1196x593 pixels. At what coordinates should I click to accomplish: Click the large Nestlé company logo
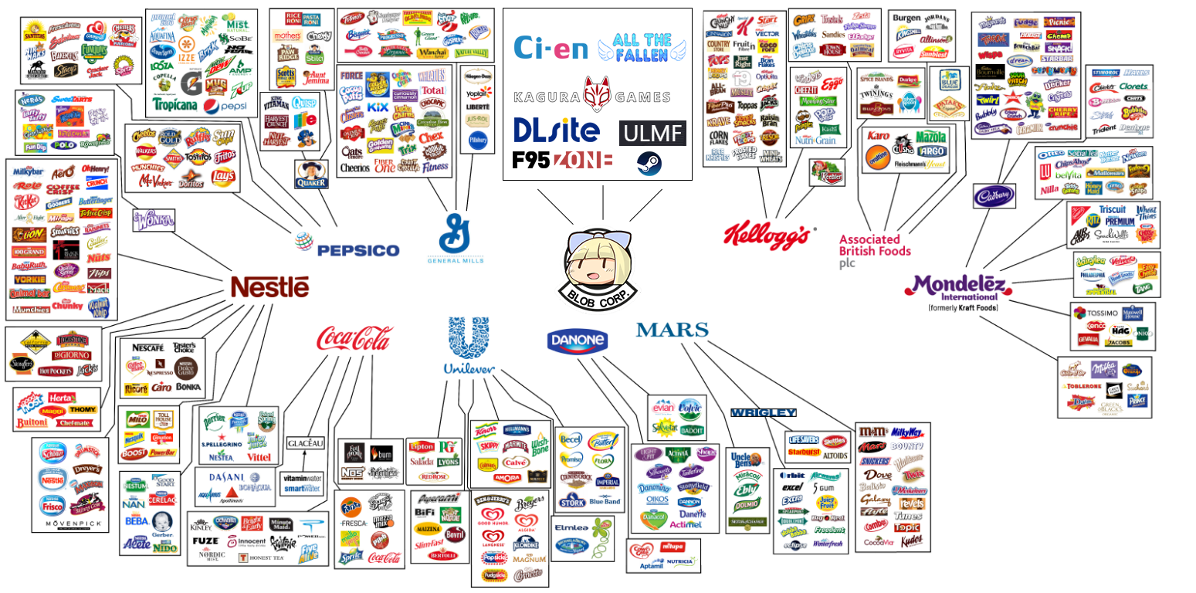click(x=269, y=287)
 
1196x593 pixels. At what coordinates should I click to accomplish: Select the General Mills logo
click(x=456, y=239)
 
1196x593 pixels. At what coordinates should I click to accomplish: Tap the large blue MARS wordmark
click(x=672, y=330)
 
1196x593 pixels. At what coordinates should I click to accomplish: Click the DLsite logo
click(x=556, y=130)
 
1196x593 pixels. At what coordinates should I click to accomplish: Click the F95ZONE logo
click(x=562, y=161)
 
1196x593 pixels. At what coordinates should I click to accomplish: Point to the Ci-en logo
click(x=551, y=48)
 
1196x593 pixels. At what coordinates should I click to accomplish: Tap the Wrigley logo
click(x=762, y=412)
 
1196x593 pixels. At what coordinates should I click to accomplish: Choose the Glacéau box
click(x=306, y=443)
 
